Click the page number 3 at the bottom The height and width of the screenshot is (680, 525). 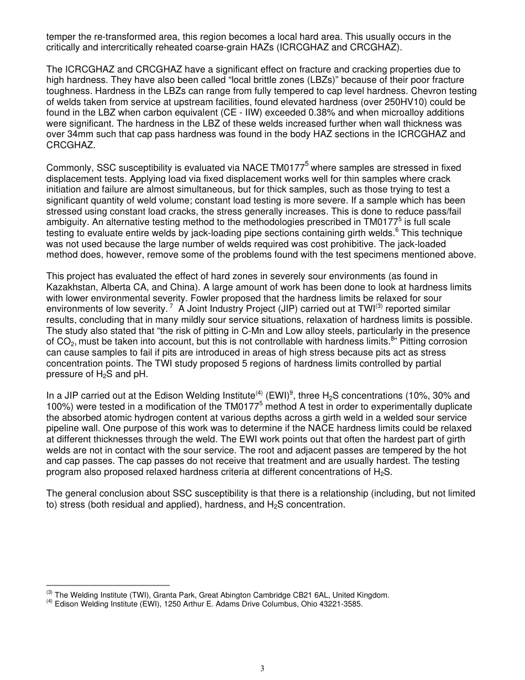[x=262, y=668]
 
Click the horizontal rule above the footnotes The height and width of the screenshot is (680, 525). [x=108, y=585]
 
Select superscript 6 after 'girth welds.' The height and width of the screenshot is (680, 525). [x=397, y=230]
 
